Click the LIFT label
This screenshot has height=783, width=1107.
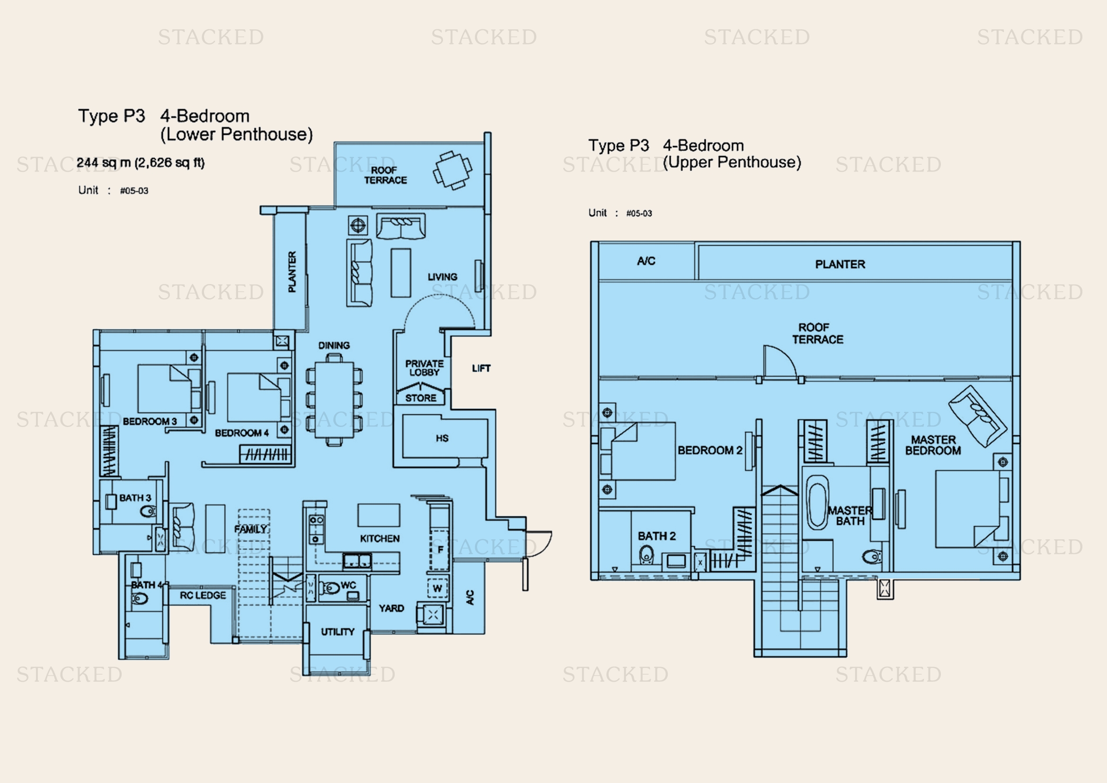click(481, 368)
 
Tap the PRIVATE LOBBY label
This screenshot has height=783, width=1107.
click(424, 368)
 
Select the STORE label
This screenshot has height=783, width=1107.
click(420, 398)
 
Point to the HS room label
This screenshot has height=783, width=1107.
click(442, 438)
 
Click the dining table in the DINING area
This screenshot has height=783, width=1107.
click(334, 400)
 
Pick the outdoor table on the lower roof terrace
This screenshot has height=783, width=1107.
click(452, 170)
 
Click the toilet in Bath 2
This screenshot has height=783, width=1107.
click(646, 555)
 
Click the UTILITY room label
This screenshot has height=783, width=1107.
click(337, 632)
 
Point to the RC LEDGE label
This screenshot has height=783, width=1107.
click(203, 596)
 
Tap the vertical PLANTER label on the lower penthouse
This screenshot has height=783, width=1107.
click(292, 271)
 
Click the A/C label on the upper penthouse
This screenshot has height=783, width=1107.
click(646, 261)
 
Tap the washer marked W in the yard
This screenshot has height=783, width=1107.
click(437, 588)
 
